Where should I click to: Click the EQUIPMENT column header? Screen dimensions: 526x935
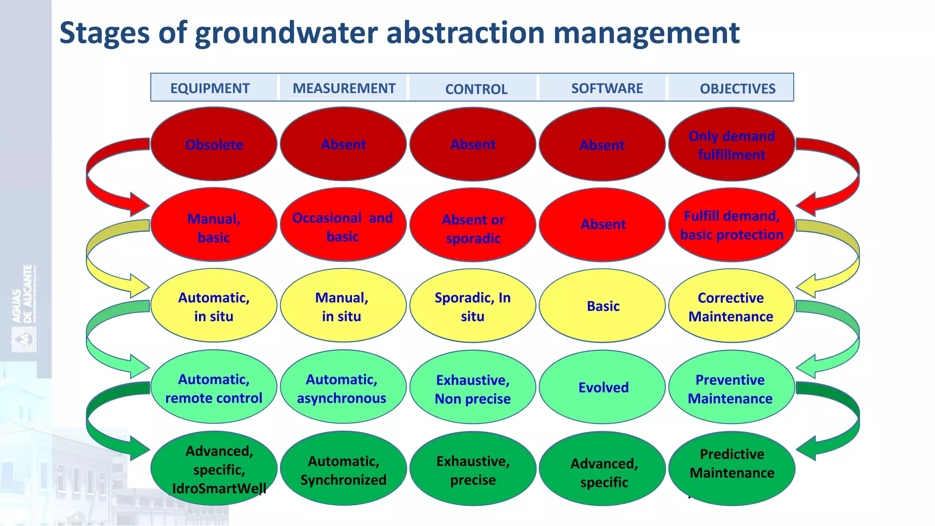tap(210, 88)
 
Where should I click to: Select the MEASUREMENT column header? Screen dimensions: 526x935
tap(344, 88)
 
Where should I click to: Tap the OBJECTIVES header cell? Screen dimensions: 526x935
tap(737, 89)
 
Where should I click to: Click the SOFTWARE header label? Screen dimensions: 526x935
tap(607, 88)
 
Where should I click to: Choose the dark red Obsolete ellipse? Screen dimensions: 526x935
tap(214, 144)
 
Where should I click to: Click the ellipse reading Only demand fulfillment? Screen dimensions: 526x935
tap(731, 145)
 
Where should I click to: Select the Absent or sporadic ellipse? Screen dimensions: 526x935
tap(473, 228)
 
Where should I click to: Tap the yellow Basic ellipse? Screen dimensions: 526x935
tap(603, 306)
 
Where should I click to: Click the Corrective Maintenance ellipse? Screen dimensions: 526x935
tap(731, 307)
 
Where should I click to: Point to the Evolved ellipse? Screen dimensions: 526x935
tap(603, 387)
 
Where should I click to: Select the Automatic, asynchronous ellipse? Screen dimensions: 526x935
tap(342, 388)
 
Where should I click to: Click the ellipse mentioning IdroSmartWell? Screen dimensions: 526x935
tap(215, 469)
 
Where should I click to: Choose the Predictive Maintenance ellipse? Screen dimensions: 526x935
tap(732, 463)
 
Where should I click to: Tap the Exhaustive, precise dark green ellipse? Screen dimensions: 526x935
tap(473, 470)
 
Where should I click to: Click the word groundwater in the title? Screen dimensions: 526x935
tap(286, 33)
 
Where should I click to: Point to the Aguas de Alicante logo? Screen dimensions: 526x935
tap(24, 309)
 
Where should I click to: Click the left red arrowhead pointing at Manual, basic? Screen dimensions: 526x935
tap(139, 205)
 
